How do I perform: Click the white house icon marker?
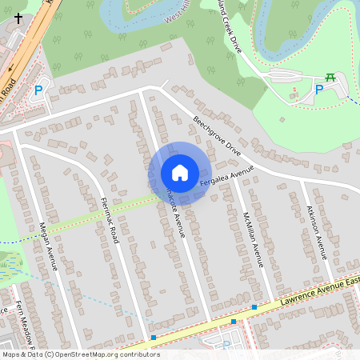(x=180, y=173)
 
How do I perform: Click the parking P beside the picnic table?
(x=319, y=90)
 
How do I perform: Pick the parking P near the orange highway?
(x=38, y=92)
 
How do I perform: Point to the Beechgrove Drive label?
(x=216, y=136)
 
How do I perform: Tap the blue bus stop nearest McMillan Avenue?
(x=254, y=307)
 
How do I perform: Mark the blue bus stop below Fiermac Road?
(x=153, y=338)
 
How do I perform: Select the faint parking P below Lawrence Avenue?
(x=226, y=346)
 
